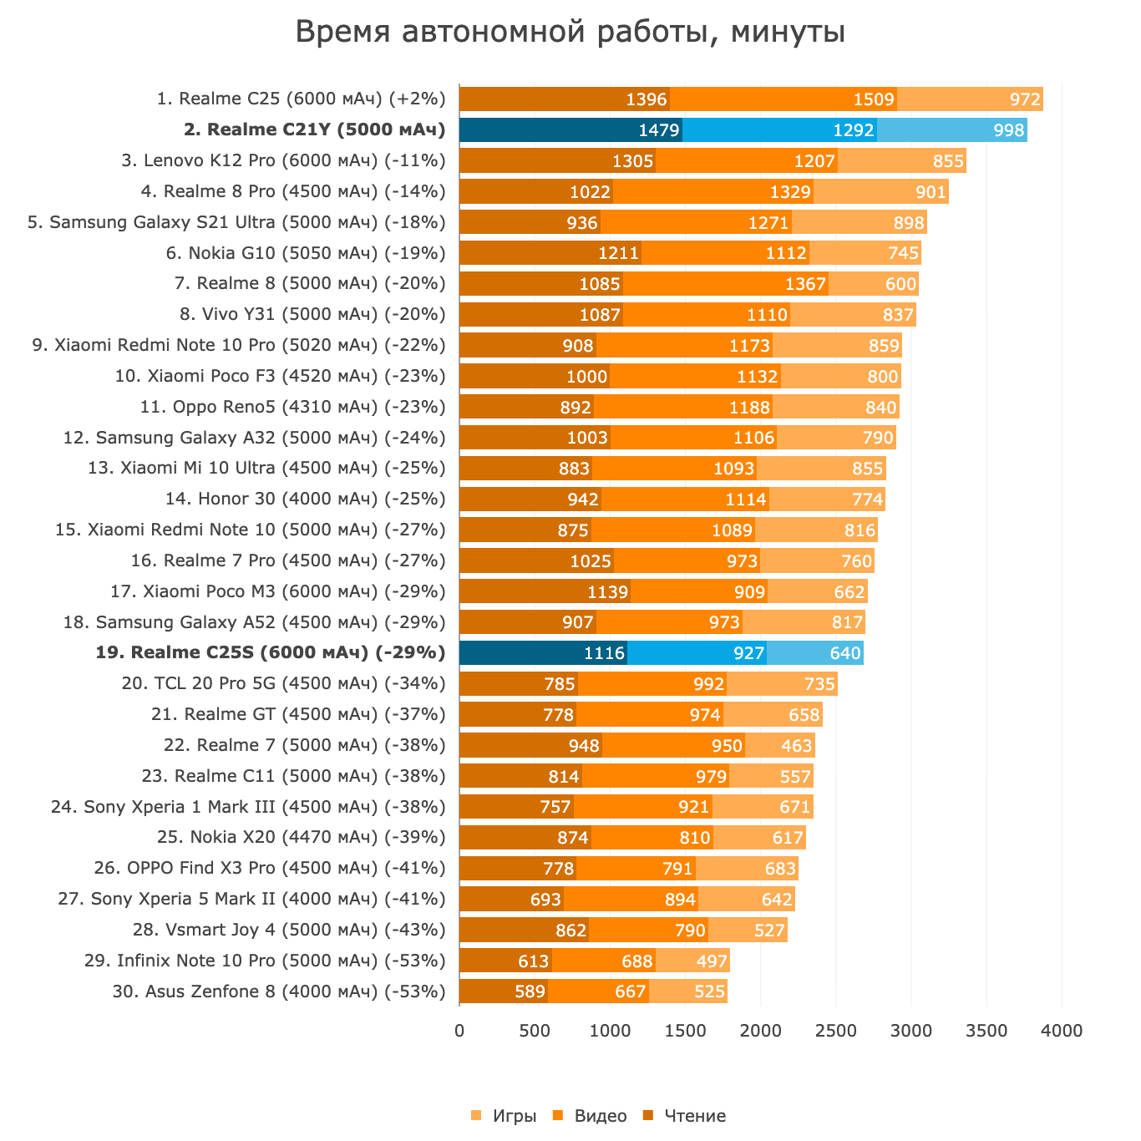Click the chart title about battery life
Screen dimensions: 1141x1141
coord(570,33)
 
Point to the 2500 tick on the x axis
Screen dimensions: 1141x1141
coord(836,1032)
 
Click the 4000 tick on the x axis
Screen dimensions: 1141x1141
coord(1062,1032)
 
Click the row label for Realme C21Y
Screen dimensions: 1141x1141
coord(314,129)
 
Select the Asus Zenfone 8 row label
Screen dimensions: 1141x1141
coord(279,991)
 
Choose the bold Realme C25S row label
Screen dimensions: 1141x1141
coord(271,652)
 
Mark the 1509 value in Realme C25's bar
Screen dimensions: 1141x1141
coord(874,99)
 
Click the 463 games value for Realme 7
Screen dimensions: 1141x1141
coord(797,745)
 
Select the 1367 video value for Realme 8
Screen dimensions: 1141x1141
coord(805,284)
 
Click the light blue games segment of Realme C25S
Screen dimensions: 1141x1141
coord(815,653)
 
